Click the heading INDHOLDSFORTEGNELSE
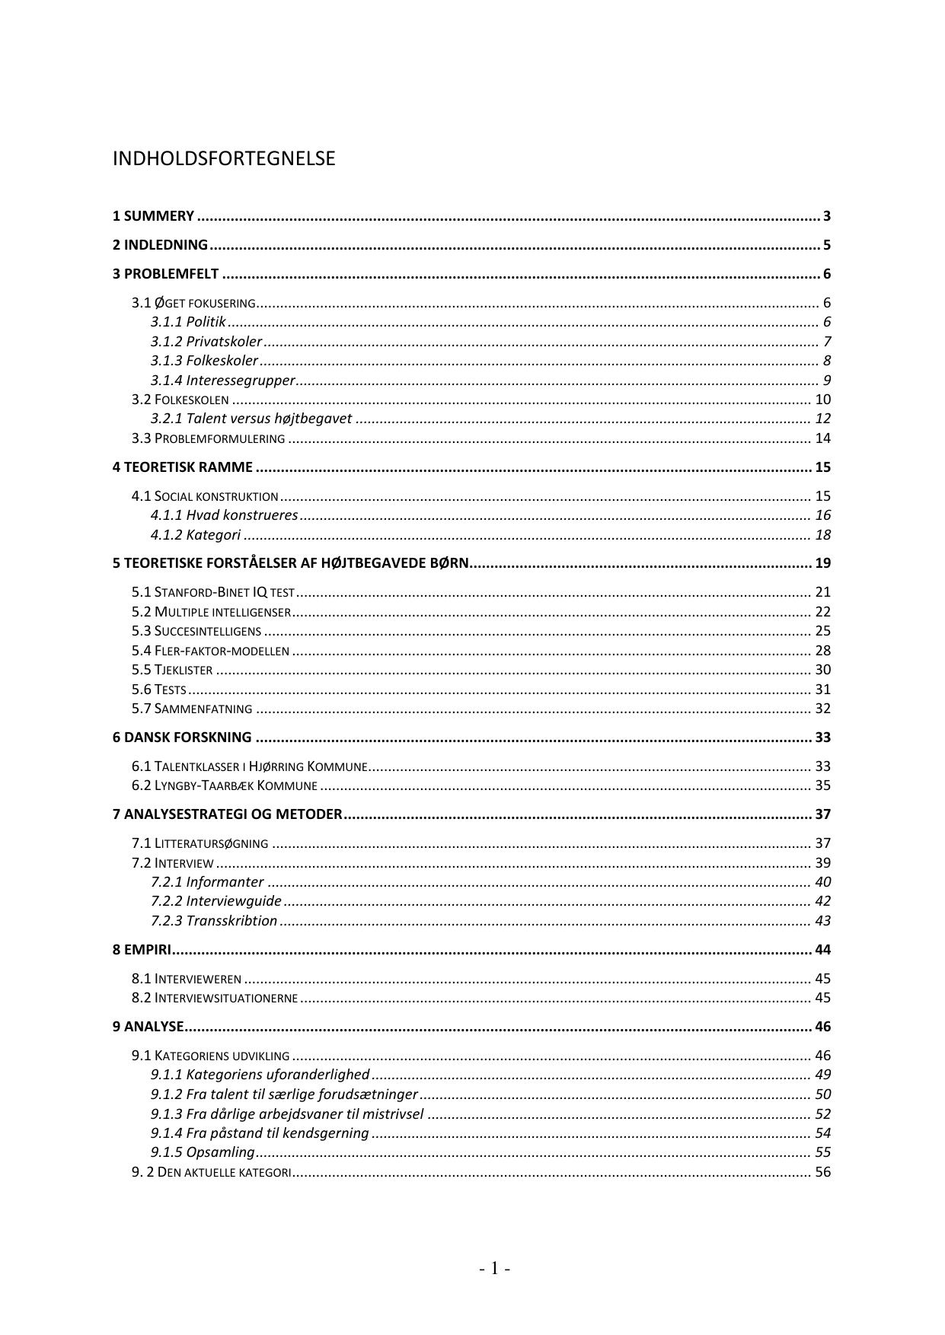tap(223, 159)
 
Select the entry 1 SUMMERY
tap(153, 216)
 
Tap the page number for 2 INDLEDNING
tap(826, 245)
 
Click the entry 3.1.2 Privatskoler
tap(206, 342)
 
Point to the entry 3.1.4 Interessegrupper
tap(222, 381)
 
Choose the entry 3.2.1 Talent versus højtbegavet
tap(251, 419)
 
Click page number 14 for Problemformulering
tap(822, 438)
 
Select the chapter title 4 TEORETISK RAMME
tap(183, 467)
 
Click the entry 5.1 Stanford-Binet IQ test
tap(212, 592)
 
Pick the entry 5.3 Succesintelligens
tap(196, 631)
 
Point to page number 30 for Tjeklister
tap(822, 670)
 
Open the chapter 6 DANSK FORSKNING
tap(182, 738)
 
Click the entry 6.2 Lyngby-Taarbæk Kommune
tap(224, 785)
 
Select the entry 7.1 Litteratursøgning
tap(200, 843)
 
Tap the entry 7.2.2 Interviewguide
tap(215, 901)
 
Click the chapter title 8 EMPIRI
tap(142, 950)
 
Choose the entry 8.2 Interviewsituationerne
tap(214, 998)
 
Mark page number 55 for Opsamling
tap(822, 1152)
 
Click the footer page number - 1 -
tap(494, 1269)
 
